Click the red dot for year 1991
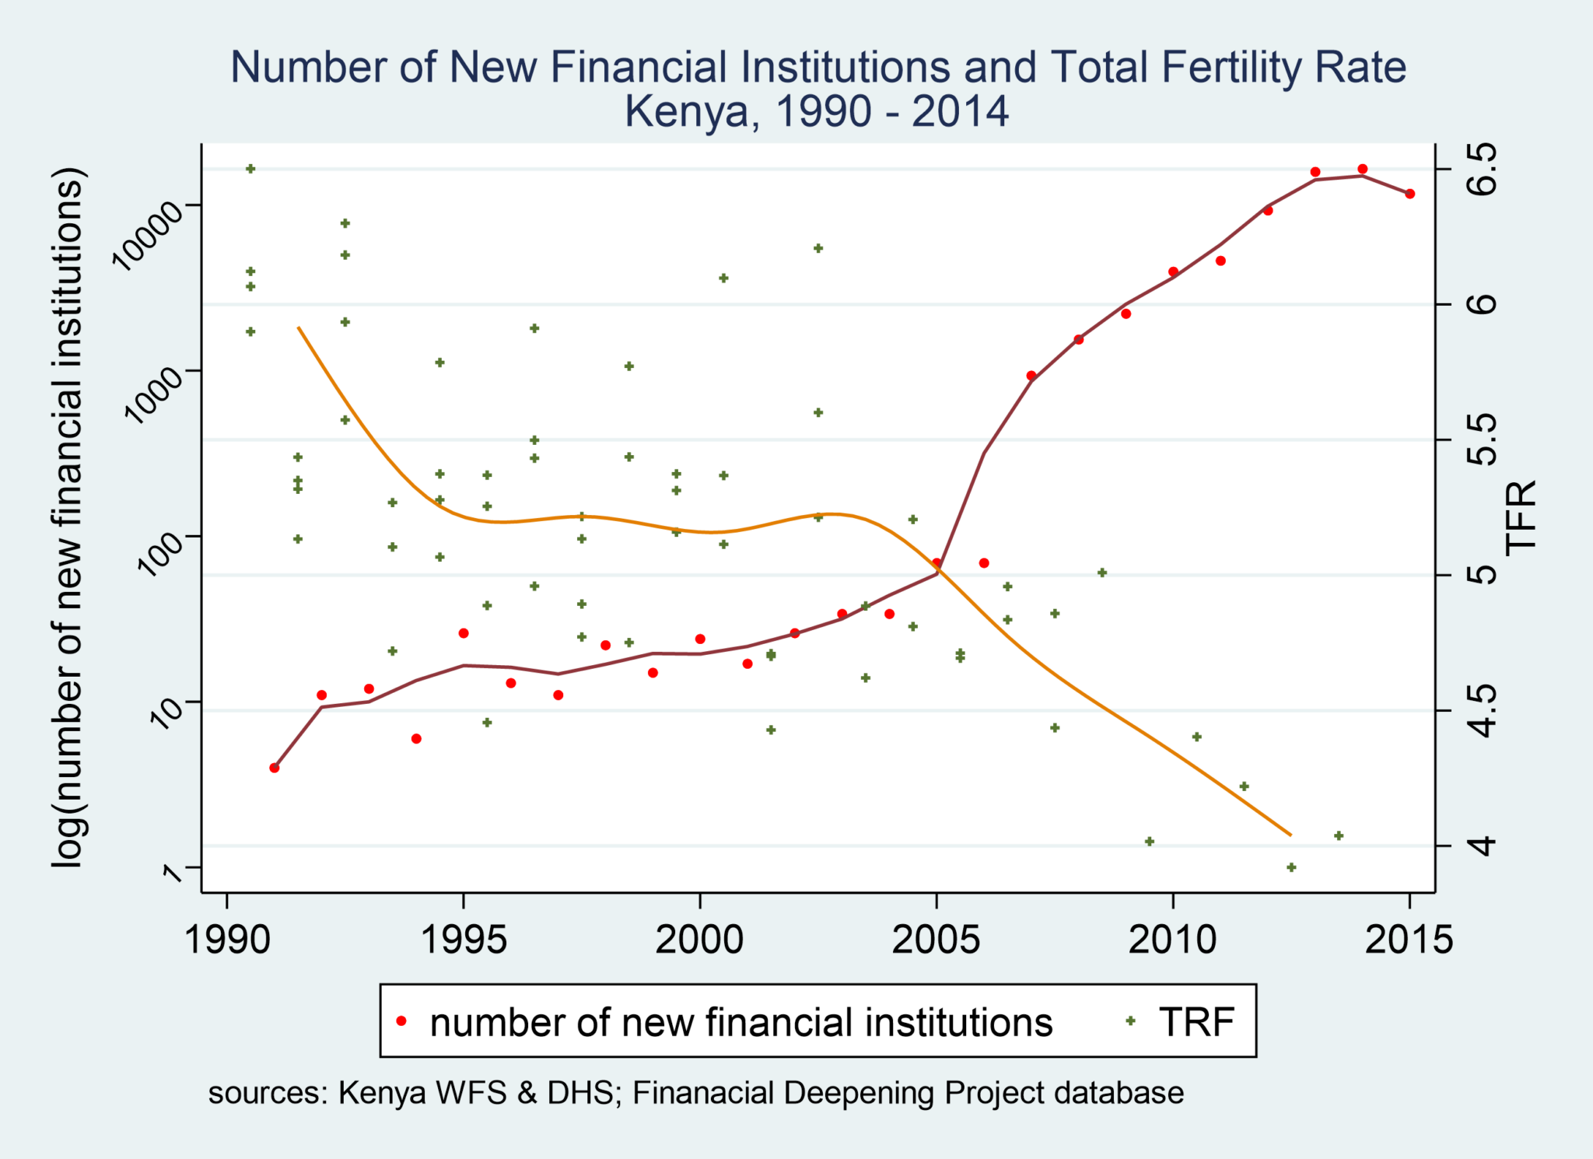pos(274,768)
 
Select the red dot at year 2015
pos(1409,194)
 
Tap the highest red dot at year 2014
pos(1362,169)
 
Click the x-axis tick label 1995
pos(464,940)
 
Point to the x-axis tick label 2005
pos(937,940)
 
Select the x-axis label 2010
pos(1172,940)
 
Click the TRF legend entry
pos(1196,1022)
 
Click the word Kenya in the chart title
pos(685,111)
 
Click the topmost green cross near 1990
pos(250,168)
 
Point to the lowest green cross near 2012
pos(1291,867)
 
